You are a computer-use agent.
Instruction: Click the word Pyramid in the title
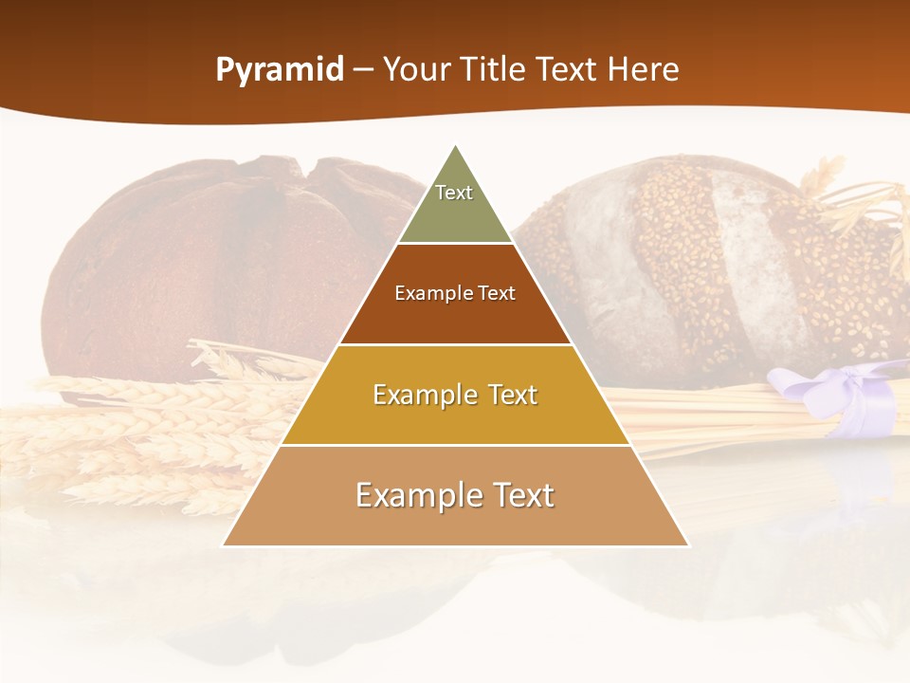pos(279,70)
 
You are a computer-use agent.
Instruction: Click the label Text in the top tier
pos(454,193)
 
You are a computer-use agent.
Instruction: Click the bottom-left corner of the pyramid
pos(224,545)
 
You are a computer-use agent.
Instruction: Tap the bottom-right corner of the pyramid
pos(688,545)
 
